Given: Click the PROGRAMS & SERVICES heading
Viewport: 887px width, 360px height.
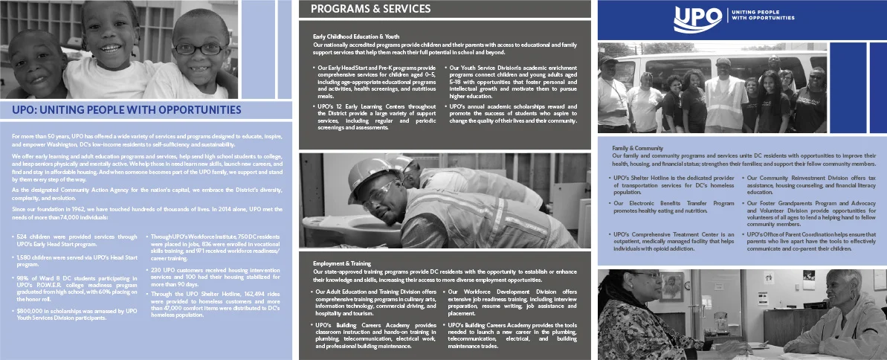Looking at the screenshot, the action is (x=370, y=9).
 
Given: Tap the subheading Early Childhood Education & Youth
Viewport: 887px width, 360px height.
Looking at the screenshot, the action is (x=356, y=36).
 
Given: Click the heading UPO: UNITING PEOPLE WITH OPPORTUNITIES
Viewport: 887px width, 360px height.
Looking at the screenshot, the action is (x=127, y=110).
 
